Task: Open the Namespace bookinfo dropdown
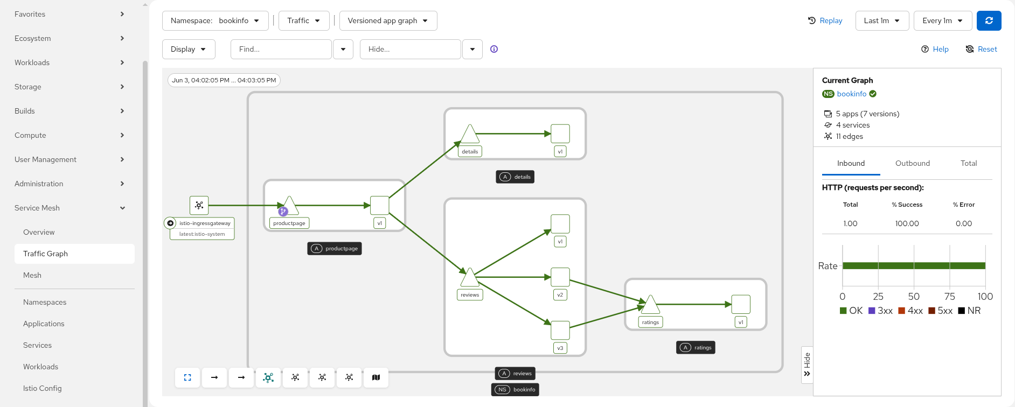point(215,20)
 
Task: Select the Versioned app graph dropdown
point(388,20)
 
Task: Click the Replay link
point(825,20)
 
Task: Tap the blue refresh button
point(989,20)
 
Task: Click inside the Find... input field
point(281,49)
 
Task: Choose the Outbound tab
point(912,163)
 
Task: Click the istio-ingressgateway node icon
point(199,205)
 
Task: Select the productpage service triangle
point(289,206)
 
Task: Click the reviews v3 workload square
point(560,330)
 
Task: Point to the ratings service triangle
point(650,305)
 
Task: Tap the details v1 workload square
point(560,134)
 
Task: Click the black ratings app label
point(696,348)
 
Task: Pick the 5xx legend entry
point(940,311)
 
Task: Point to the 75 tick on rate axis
point(949,297)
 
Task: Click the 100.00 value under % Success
point(907,223)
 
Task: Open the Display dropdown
point(189,49)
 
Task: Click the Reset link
point(981,49)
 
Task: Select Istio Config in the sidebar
point(43,388)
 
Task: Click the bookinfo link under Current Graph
point(851,94)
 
